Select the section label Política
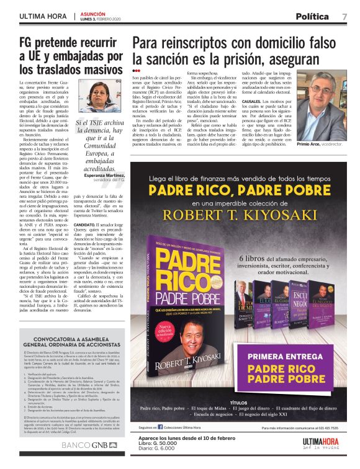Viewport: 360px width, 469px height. click(x=312, y=16)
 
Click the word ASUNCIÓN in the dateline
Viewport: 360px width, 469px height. click(x=94, y=12)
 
